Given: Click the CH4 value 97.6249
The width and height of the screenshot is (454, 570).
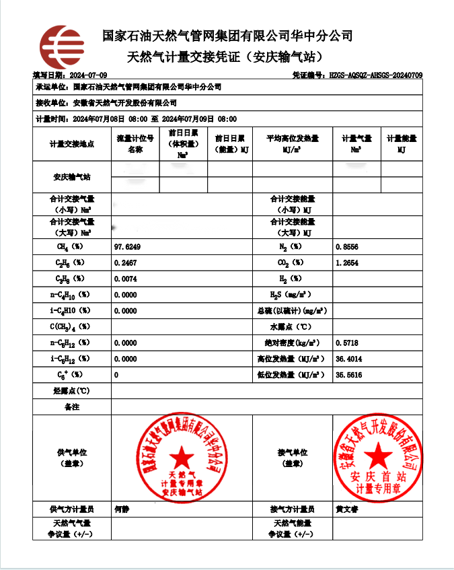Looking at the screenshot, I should pos(128,247).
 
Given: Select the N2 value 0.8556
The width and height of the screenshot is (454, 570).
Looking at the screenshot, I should pos(348,247).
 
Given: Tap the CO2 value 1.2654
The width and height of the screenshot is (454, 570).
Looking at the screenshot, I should pos(348,262).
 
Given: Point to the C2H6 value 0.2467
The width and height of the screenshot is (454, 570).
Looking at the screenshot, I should pos(126,262).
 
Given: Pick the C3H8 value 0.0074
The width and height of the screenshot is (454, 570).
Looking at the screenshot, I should pos(126,278).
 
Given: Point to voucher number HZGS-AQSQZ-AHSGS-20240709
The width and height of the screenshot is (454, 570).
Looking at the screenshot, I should pos(375,75).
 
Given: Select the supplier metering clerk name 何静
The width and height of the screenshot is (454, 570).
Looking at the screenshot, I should pos(122,509).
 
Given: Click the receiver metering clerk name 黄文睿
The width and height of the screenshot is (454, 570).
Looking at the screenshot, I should pos(347,509).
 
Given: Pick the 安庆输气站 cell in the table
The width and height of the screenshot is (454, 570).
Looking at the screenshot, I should pos(72,178).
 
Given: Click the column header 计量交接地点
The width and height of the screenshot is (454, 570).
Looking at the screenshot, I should pos(72,144).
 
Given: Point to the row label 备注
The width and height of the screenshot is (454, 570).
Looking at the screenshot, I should pos(72,407).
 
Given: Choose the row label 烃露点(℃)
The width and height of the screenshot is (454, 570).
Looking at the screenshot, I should pos(72,391).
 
